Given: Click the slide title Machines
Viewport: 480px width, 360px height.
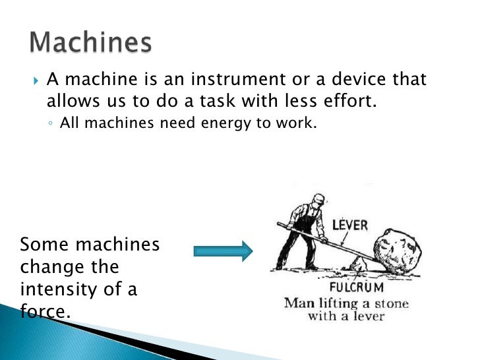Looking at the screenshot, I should pyautogui.click(x=90, y=43).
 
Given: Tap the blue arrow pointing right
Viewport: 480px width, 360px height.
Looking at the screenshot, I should pyautogui.click(x=224, y=251).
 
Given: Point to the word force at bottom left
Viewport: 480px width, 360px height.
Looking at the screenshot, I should pyautogui.click(x=45, y=311).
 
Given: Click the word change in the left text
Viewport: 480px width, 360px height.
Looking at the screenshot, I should pyautogui.click(x=51, y=267).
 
